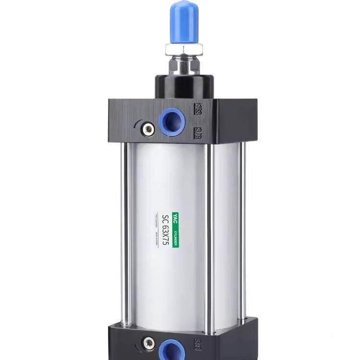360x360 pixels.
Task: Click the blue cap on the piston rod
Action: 184,22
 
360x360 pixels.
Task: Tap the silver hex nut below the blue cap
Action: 184,48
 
